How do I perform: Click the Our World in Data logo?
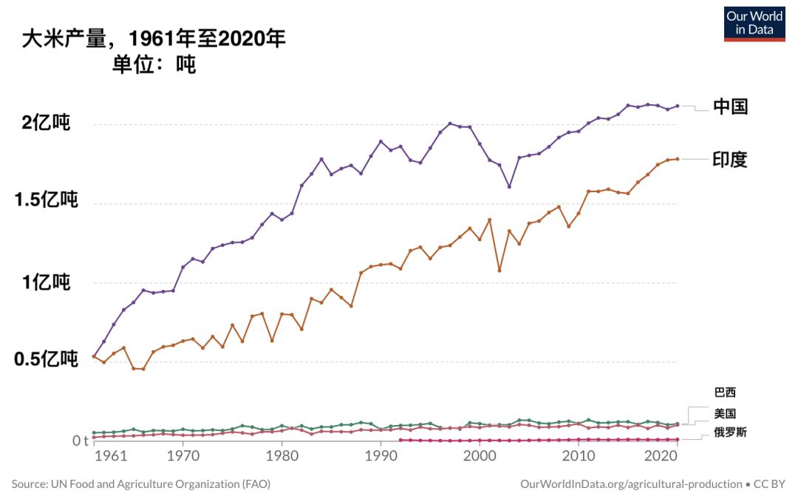coord(754,23)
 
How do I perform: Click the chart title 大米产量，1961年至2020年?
coord(154,38)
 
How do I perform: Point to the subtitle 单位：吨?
coord(154,65)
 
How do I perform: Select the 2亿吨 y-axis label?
coord(46,123)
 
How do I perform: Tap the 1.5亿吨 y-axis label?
coord(46,201)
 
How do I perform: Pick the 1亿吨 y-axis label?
coord(46,282)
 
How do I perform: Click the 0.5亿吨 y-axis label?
coord(46,360)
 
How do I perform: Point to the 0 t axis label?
coord(80,441)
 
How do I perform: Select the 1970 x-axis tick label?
coord(183,458)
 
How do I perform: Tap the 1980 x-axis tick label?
coord(282,458)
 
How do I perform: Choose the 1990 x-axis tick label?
coord(381,458)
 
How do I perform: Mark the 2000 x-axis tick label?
coord(480,458)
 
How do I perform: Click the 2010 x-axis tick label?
coord(579,458)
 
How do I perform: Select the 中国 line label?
coord(730,106)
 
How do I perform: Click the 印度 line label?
coord(730,160)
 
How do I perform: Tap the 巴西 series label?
coord(725,393)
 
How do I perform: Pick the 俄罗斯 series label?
coord(730,432)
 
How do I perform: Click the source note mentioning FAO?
coord(141,484)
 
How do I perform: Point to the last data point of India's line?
coord(677,159)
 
